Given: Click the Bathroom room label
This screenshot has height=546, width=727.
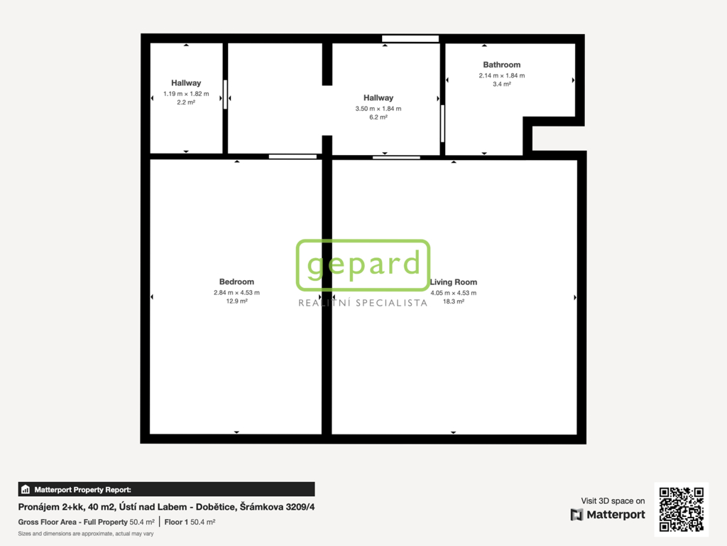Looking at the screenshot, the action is [502, 65].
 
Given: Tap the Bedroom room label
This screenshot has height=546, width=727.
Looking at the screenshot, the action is [236, 282].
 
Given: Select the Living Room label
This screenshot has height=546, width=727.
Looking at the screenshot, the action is [454, 282].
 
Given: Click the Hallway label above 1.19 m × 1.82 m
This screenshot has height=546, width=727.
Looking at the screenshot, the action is [186, 83].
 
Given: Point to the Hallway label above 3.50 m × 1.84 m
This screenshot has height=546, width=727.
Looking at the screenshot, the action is [378, 98].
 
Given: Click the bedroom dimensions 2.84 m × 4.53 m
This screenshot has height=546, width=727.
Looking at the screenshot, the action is [236, 292].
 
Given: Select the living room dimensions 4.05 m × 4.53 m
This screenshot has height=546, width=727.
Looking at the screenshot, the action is [454, 293].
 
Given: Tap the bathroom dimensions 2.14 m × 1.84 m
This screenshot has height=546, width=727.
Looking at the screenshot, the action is [502, 75].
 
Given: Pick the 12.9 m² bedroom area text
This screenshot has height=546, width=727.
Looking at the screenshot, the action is [236, 301].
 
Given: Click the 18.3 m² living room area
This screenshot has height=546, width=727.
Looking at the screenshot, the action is [454, 301].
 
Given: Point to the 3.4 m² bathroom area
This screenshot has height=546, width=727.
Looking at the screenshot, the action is [502, 84].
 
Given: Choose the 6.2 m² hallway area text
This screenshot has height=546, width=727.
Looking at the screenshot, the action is [378, 117].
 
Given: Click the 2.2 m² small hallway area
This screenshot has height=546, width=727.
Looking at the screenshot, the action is [186, 102].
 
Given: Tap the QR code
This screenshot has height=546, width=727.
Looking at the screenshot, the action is [682, 509].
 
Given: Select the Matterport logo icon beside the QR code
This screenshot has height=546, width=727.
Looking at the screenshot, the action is [576, 515].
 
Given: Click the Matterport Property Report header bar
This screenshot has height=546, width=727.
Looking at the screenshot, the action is [166, 489].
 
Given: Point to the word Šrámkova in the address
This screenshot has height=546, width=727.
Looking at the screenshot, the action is [261, 507].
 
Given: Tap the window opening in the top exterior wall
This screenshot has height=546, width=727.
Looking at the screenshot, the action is [410, 38].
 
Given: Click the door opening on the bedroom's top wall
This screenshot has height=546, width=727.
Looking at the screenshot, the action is [293, 157].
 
